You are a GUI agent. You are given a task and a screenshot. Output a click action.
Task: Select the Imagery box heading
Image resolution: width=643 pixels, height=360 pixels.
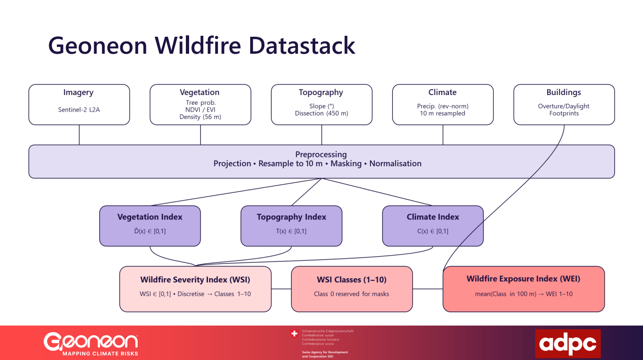[78, 93]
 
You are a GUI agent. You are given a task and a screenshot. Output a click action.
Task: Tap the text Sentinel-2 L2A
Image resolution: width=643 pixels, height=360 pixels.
[78, 110]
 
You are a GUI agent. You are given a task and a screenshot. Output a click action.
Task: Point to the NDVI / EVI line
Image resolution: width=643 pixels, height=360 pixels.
[200, 110]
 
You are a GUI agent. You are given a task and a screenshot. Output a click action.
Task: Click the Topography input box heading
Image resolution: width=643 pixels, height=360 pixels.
[321, 93]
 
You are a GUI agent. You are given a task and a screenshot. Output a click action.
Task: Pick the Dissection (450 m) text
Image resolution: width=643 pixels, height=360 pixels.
[321, 113]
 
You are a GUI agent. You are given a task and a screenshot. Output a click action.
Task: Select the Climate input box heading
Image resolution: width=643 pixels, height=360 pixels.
[442, 93]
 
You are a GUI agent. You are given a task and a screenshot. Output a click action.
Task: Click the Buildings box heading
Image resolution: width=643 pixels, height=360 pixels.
[564, 93]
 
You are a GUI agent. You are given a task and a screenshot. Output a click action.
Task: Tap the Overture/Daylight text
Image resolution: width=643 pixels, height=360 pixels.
[564, 106]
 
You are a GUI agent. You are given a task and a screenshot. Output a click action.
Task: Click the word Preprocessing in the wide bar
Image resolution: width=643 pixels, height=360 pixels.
[321, 154]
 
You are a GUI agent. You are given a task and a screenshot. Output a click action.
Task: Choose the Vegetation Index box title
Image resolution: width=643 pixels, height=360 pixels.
[150, 217]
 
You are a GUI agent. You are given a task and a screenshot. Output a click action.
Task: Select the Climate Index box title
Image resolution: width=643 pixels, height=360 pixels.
[432, 217]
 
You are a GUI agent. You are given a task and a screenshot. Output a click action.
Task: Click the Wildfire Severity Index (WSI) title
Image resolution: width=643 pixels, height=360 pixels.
[195, 280]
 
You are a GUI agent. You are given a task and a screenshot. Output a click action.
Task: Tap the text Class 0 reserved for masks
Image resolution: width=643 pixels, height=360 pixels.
[352, 294]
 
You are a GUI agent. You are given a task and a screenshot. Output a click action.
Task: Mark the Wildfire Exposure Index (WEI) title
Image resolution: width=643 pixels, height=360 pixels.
[523, 279]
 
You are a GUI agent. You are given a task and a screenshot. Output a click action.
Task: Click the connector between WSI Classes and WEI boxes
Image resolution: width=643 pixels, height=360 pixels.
[428, 289]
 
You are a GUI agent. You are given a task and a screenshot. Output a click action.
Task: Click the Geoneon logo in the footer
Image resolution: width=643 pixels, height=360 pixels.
[91, 342]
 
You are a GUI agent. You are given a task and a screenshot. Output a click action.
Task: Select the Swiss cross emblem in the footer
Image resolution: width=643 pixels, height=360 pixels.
[295, 334]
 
